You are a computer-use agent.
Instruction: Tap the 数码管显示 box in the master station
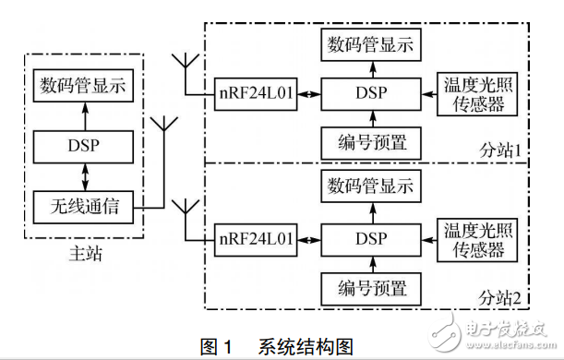coord(83,87)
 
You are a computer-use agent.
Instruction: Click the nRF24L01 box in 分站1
coord(256,93)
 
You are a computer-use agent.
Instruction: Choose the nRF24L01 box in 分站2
coord(256,237)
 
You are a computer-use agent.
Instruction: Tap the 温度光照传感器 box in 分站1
coord(475,93)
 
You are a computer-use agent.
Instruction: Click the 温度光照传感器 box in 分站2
coord(475,237)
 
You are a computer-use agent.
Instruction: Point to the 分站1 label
coord(500,149)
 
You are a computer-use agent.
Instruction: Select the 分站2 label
coord(500,297)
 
